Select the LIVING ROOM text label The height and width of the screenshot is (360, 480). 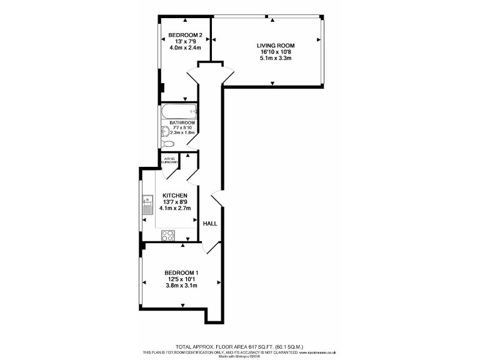(x=275, y=46)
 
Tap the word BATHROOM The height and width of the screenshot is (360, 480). (x=182, y=122)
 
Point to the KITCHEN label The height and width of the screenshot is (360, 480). (x=175, y=196)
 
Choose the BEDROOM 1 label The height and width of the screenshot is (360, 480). (x=181, y=272)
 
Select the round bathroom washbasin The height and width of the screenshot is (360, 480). (x=164, y=131)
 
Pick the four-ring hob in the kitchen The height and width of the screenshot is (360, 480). (x=168, y=235)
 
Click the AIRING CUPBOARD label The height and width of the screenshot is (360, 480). (x=170, y=161)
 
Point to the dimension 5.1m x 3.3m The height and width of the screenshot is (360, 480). (x=275, y=58)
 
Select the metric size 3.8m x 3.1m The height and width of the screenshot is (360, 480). (x=181, y=286)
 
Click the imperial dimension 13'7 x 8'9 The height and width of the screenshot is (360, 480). (x=175, y=202)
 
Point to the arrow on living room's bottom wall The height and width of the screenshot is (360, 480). (x=272, y=83)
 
